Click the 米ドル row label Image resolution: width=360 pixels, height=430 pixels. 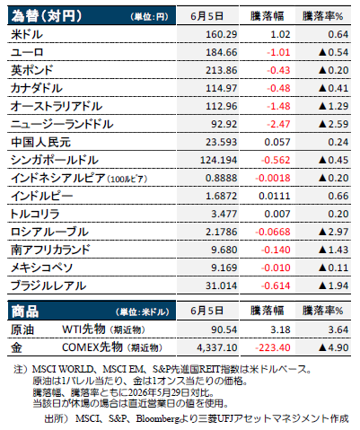27,34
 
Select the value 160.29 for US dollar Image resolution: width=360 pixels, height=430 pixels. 221,34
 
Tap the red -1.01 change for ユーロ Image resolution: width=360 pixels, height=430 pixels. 278,52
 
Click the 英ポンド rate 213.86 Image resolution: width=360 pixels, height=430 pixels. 221,70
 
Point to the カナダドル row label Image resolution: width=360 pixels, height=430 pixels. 37,88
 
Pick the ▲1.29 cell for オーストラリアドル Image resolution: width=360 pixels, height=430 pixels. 333,106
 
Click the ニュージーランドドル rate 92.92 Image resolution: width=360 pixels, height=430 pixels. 224,124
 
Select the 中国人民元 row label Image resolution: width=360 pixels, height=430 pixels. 40,142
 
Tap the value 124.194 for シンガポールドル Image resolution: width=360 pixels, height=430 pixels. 218,160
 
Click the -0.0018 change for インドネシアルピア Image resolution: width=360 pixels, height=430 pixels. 273,178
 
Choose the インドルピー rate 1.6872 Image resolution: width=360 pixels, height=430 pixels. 221,196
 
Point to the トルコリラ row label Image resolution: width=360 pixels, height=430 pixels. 35,214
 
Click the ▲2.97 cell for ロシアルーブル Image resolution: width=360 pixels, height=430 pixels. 333,232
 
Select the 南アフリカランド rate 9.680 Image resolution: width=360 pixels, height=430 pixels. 224,250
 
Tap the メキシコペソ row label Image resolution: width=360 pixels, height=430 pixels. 41,268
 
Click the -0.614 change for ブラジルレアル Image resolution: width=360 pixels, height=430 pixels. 276,285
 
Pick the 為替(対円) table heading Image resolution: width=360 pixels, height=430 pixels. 47,16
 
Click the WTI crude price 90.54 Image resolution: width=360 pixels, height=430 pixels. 224,329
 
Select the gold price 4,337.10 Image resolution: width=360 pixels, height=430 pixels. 217,347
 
